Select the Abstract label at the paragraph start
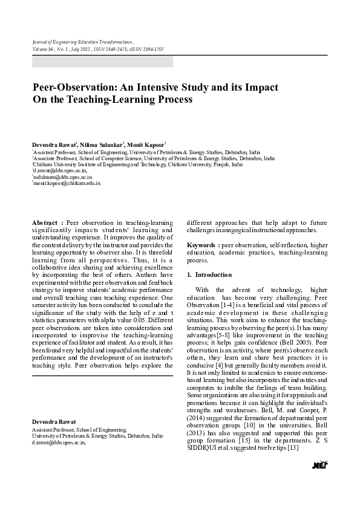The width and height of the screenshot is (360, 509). point(46,223)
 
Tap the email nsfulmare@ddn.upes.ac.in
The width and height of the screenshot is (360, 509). point(60,177)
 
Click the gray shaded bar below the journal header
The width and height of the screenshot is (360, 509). point(102,61)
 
